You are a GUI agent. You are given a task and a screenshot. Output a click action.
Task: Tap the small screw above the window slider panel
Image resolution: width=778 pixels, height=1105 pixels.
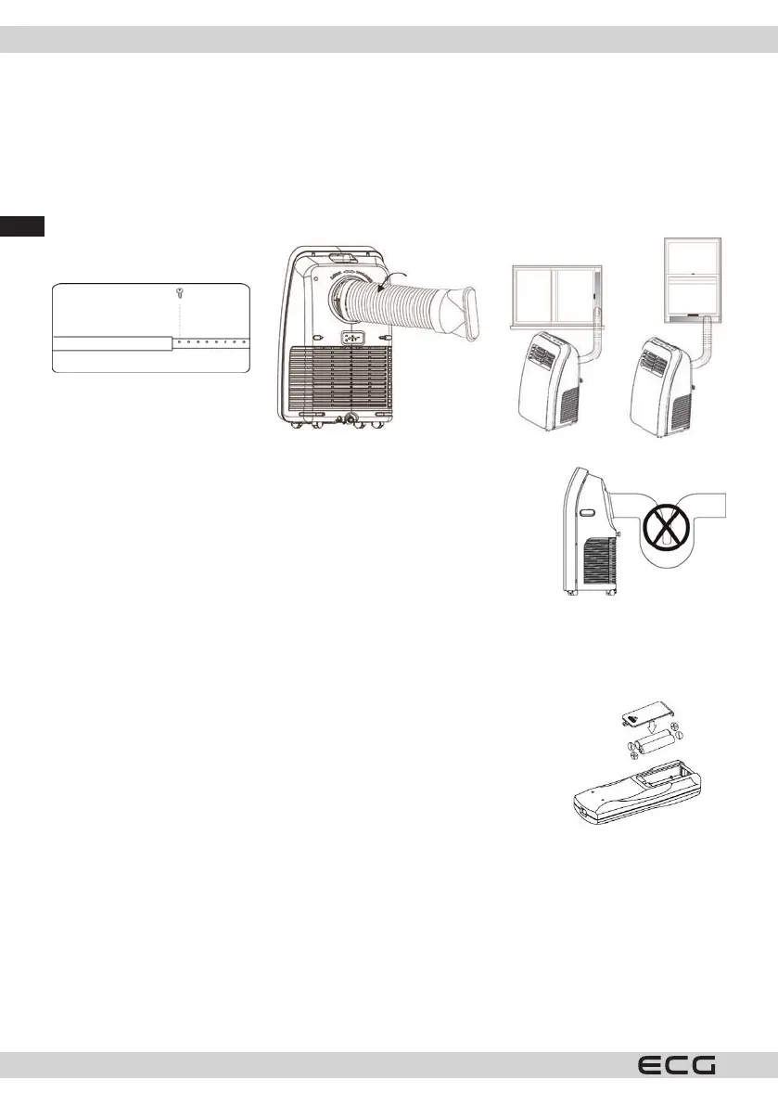point(181,292)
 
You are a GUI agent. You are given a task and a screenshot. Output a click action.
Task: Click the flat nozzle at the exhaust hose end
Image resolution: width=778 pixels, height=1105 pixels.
point(466,315)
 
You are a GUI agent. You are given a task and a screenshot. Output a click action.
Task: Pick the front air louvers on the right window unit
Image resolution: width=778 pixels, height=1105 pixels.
point(653,355)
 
